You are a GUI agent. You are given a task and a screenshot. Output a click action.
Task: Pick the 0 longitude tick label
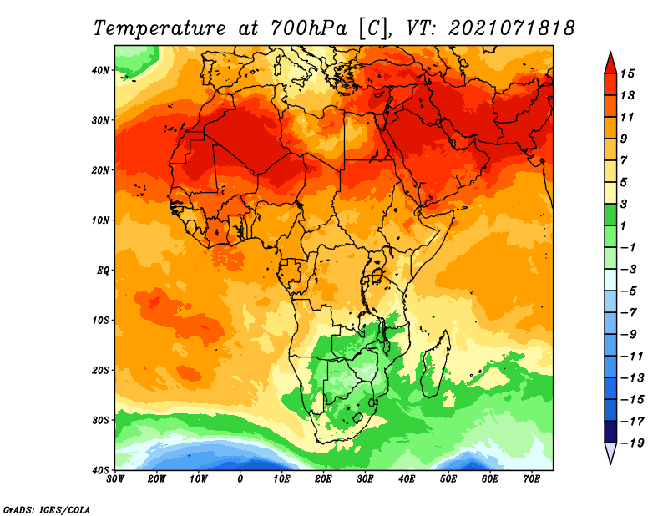[240, 479]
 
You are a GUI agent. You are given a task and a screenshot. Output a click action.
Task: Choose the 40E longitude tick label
[407, 479]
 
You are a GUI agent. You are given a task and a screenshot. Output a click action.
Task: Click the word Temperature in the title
[160, 28]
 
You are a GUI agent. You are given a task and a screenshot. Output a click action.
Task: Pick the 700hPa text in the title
[307, 28]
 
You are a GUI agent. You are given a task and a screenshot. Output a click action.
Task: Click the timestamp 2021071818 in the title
[512, 28]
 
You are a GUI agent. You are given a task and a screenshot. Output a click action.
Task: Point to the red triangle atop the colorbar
[610, 62]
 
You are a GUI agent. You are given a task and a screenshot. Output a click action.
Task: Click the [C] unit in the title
[373, 28]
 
